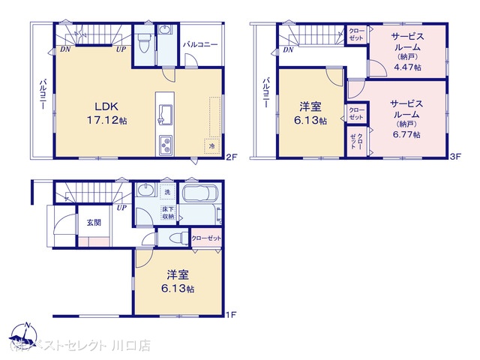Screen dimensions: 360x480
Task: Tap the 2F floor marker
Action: tap(232, 157)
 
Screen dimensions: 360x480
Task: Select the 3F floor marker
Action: tap(454, 157)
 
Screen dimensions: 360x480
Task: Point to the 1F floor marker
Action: tap(232, 316)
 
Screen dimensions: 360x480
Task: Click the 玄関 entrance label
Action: tap(93, 222)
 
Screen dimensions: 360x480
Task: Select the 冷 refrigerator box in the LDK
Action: tap(212, 145)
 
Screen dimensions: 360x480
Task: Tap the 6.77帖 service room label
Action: tap(405, 119)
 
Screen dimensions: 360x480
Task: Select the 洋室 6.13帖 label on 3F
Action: tap(310, 113)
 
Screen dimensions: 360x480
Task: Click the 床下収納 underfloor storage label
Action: tap(169, 211)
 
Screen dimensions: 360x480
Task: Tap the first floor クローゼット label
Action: tap(206, 238)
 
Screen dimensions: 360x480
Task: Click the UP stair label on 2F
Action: tap(120, 49)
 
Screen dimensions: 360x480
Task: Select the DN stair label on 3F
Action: tap(288, 50)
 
